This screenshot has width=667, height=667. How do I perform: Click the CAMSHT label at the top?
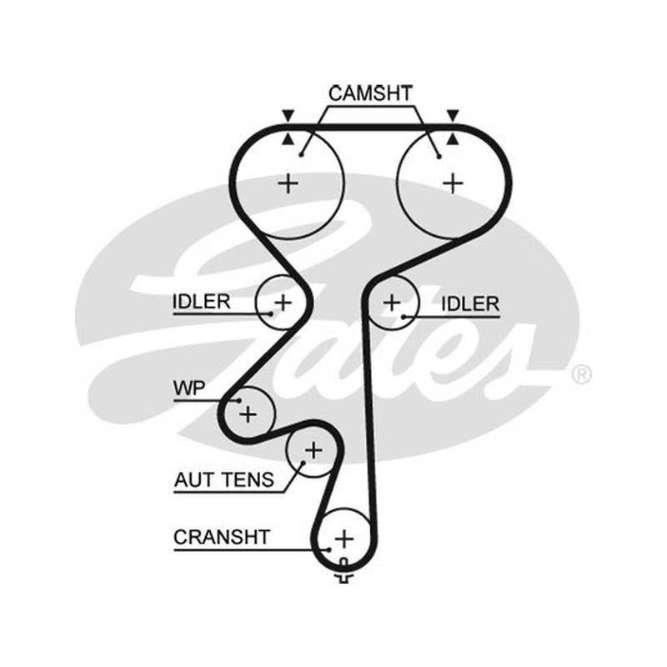[x=370, y=93]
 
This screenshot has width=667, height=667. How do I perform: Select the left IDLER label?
[x=201, y=302]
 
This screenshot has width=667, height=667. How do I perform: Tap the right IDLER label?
[x=470, y=303]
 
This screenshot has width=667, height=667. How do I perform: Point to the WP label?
[x=189, y=388]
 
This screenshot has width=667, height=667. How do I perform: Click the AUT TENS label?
[x=224, y=480]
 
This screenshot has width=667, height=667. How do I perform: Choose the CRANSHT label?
[x=222, y=537]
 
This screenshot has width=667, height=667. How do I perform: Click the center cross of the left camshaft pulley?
[x=288, y=183]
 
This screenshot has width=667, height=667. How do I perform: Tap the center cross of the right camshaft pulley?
[x=453, y=183]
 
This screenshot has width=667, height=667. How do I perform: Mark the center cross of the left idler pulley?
[x=283, y=303]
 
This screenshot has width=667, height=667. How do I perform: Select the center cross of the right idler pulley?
[x=392, y=303]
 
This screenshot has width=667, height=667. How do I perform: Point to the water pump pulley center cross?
[x=248, y=414]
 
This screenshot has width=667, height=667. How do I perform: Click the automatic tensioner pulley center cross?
[x=314, y=450]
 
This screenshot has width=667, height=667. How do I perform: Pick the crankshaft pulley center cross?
[x=344, y=539]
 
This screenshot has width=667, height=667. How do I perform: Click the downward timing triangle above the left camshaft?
[x=288, y=115]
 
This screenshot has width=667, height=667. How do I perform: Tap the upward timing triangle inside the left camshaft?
[x=288, y=138]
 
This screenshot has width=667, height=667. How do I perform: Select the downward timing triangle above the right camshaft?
[x=453, y=115]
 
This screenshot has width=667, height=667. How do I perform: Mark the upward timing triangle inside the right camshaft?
[x=453, y=138]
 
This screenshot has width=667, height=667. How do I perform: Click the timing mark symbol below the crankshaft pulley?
[x=344, y=571]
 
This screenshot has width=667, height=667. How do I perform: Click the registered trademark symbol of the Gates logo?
[x=581, y=374]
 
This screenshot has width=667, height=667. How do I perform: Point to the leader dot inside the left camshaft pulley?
[x=301, y=155]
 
